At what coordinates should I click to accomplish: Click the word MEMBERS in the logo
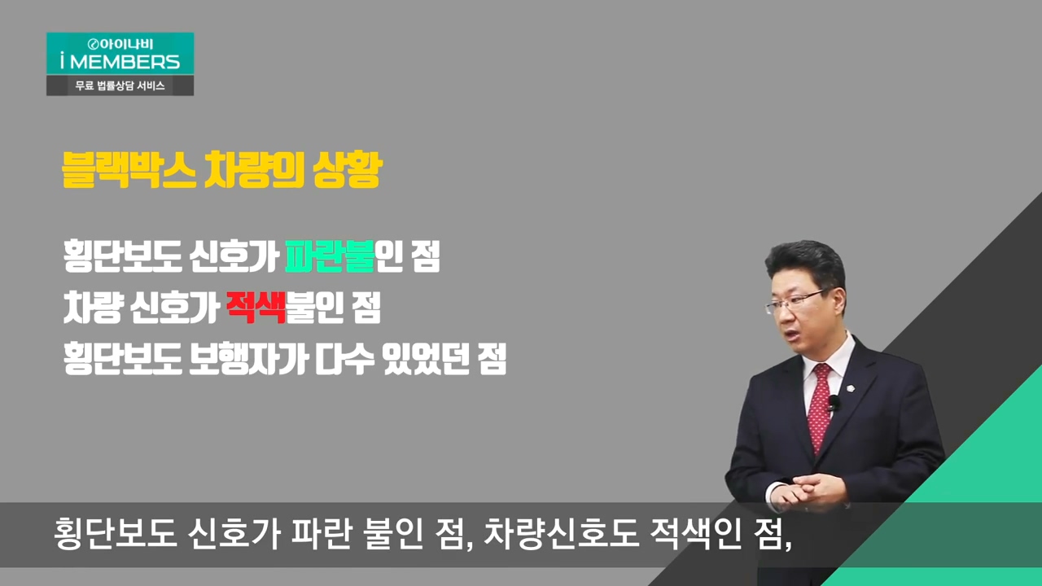pyautogui.click(x=125, y=62)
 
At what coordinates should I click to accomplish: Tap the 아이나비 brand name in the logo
pyautogui.click(x=125, y=44)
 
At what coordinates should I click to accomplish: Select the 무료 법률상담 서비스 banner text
pyautogui.click(x=120, y=85)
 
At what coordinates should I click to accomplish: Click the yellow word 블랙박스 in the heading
pyautogui.click(x=129, y=170)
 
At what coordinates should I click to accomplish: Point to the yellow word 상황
pyautogui.click(x=348, y=170)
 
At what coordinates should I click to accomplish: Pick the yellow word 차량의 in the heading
pyautogui.click(x=254, y=170)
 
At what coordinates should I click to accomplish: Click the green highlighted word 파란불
pyautogui.click(x=330, y=256)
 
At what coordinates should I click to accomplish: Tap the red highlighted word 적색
pyautogui.click(x=256, y=307)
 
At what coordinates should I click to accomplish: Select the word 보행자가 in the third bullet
pyautogui.click(x=248, y=359)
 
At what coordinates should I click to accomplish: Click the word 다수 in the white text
pyautogui.click(x=344, y=359)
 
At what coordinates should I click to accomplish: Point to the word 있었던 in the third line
pyautogui.click(x=425, y=359)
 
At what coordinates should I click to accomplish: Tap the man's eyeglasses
pyautogui.click(x=795, y=301)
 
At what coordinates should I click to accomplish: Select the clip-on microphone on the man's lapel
pyautogui.click(x=833, y=403)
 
